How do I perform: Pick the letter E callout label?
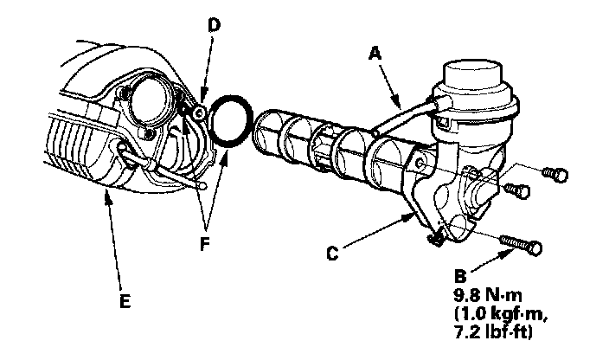point(125,301)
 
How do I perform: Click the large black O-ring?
point(233,122)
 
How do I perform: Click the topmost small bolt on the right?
point(553,174)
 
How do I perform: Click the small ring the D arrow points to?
point(199,112)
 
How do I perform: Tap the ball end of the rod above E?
point(202,183)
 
